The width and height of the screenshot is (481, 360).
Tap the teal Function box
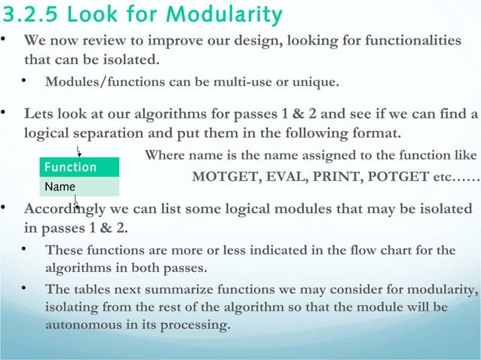(x=79, y=166)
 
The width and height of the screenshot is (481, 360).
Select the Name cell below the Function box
(x=79, y=186)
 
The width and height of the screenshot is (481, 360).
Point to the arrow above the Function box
(x=78, y=152)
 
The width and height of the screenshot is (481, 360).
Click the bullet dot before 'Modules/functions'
(x=24, y=80)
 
